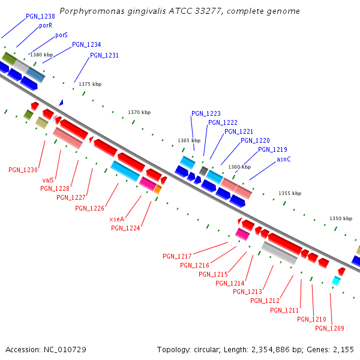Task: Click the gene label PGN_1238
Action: click(40, 16)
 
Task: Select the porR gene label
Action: click(46, 26)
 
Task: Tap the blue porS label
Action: click(61, 35)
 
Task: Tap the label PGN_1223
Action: click(206, 113)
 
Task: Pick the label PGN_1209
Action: click(329, 328)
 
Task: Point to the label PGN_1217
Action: click(177, 256)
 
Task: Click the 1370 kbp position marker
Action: click(139, 112)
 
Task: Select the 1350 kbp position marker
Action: click(341, 218)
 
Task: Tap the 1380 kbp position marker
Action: click(41, 55)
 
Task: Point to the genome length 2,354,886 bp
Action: click(279, 349)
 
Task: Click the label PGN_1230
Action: click(23, 170)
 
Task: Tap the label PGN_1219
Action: click(272, 149)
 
